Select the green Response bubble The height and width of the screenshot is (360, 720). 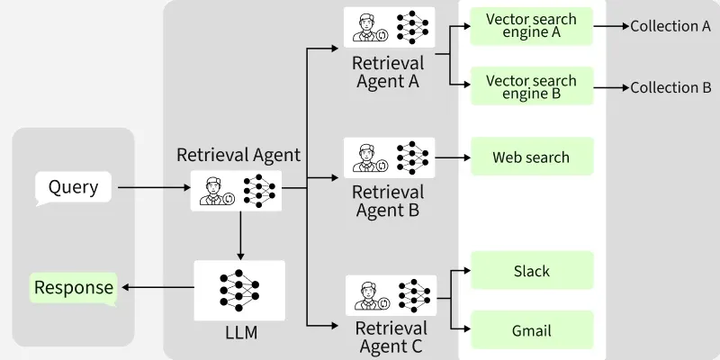74,288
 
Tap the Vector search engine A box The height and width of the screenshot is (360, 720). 531,27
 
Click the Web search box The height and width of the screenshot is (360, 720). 531,157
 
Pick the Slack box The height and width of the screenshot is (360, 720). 531,271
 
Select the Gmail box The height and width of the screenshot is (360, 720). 531,329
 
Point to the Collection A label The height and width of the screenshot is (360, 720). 670,27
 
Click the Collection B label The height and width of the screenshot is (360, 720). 670,87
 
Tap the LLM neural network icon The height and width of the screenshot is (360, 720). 239,290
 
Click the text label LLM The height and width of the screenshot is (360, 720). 240,334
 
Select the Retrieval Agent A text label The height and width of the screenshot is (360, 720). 388,73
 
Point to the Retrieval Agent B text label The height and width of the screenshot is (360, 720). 388,202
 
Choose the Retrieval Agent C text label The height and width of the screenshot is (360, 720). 389,335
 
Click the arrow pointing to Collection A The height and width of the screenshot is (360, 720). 611,27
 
